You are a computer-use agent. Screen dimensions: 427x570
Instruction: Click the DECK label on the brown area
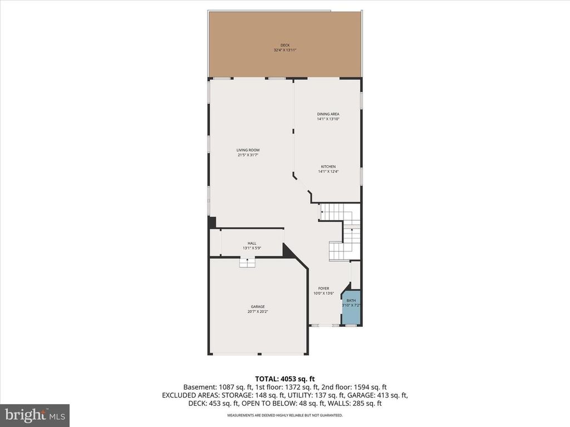[285, 45]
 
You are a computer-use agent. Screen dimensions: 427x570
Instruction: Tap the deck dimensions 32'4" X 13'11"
[285, 50]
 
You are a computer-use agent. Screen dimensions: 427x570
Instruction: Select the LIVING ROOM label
[248, 150]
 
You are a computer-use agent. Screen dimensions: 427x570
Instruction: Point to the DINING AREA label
[328, 114]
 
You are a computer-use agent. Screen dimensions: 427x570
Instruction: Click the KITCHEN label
[328, 167]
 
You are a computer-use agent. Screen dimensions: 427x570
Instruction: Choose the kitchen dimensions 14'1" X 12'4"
[328, 172]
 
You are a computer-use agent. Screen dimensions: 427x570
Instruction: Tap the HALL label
[252, 244]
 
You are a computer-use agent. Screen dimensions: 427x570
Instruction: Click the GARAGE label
[257, 306]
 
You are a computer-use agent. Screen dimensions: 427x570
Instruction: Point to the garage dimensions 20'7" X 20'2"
[257, 311]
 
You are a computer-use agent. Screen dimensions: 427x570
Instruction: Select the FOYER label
[324, 289]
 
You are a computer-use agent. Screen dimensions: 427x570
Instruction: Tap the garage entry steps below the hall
[247, 263]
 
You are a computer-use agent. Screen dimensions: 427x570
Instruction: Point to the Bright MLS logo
[35, 415]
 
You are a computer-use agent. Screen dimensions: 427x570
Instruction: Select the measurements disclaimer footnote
[284, 415]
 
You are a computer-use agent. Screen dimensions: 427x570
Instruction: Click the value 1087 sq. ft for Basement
[237, 387]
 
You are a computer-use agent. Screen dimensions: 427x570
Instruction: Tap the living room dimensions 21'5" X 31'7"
[248, 155]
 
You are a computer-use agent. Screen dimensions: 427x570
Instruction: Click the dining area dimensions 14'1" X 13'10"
[328, 119]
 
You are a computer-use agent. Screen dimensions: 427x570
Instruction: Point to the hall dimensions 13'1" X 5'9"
[252, 249]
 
